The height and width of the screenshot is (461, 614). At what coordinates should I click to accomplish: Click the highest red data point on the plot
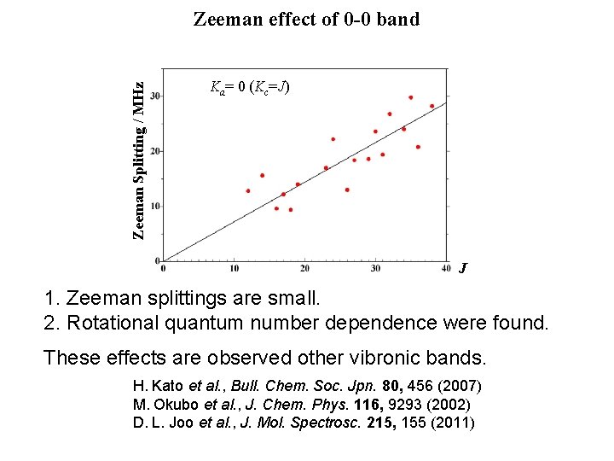click(x=410, y=97)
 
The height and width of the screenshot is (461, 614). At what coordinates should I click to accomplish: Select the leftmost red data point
click(x=248, y=190)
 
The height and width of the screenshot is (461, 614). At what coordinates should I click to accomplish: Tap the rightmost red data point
click(x=432, y=106)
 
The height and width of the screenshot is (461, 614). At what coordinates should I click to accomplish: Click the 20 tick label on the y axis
click(x=156, y=150)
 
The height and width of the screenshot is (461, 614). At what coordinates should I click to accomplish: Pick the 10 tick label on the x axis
click(x=234, y=269)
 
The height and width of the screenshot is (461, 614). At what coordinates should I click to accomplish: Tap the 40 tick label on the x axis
click(x=446, y=269)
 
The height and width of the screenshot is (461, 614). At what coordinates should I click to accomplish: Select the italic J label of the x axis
click(x=462, y=268)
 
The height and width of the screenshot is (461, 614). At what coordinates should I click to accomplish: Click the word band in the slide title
click(x=397, y=19)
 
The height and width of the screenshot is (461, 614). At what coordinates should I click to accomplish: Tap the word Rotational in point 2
click(x=105, y=324)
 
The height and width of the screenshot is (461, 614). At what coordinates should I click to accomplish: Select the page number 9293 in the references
click(x=404, y=404)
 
